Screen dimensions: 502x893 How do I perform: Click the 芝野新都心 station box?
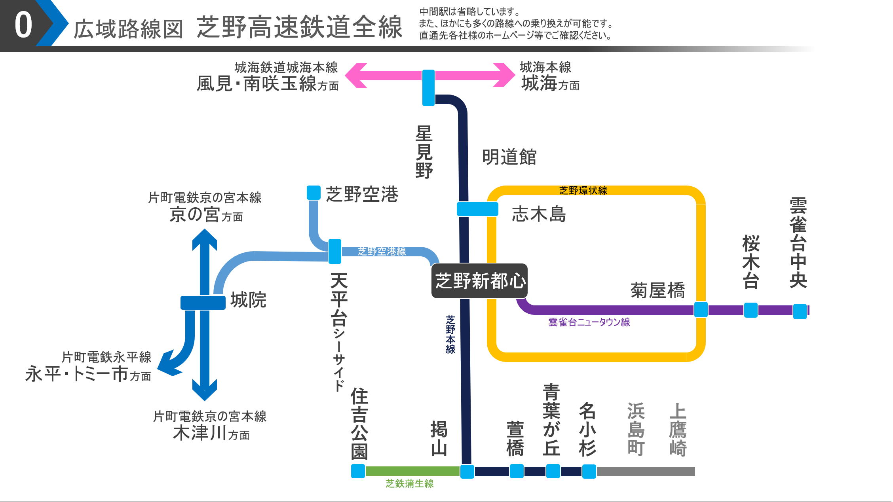(x=479, y=281)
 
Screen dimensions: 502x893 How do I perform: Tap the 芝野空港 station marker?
(x=313, y=193)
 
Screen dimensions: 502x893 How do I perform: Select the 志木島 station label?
(x=539, y=214)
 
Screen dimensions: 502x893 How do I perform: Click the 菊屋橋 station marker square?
(x=701, y=309)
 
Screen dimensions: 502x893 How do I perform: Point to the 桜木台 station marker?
(x=750, y=310)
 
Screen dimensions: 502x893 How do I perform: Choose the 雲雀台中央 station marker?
(x=800, y=311)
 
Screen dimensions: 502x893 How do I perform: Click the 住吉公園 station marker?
(x=358, y=471)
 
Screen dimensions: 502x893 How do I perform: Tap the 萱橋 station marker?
(x=516, y=471)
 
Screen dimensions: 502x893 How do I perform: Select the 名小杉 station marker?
(x=589, y=471)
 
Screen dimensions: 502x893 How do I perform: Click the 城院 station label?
(x=248, y=300)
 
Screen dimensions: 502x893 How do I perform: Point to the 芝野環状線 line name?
(x=583, y=191)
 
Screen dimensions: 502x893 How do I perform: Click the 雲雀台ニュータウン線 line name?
(x=589, y=322)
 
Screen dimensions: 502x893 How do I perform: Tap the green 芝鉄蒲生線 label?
(x=409, y=483)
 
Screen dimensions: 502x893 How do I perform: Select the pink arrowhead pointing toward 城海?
(x=505, y=75)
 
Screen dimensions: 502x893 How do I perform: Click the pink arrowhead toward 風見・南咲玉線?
(x=355, y=75)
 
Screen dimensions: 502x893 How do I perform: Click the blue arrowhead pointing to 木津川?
(x=204, y=391)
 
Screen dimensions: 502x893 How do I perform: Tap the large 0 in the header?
(x=23, y=25)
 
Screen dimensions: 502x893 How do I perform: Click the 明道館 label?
(x=509, y=157)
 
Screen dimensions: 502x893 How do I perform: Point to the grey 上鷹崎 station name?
(x=678, y=430)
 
